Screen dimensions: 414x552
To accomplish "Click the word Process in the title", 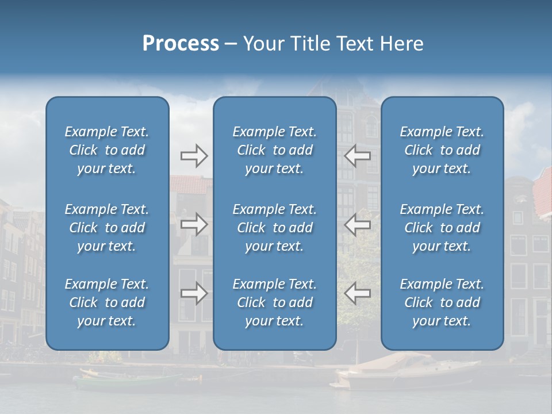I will [181, 44].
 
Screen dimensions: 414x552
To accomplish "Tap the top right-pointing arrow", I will [194, 156].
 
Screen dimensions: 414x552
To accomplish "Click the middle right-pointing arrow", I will [194, 224].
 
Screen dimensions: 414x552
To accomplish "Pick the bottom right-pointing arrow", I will [194, 293].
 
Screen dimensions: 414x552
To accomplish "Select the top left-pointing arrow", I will [357, 156].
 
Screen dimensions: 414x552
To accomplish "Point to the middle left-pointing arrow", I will [357, 224].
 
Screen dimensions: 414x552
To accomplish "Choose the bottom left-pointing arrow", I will [357, 293].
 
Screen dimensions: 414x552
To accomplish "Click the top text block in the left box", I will [107, 150].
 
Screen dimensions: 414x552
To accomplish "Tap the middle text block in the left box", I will [107, 228].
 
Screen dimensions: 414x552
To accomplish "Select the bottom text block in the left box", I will [107, 302].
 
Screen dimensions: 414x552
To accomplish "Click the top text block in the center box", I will [275, 150].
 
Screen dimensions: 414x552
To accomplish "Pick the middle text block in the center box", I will [275, 228].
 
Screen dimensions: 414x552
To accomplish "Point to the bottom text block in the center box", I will [275, 302].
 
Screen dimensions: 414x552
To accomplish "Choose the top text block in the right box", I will [442, 150].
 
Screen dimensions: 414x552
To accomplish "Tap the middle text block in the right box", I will [442, 228].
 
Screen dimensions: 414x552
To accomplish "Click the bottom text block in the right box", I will [442, 302].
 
